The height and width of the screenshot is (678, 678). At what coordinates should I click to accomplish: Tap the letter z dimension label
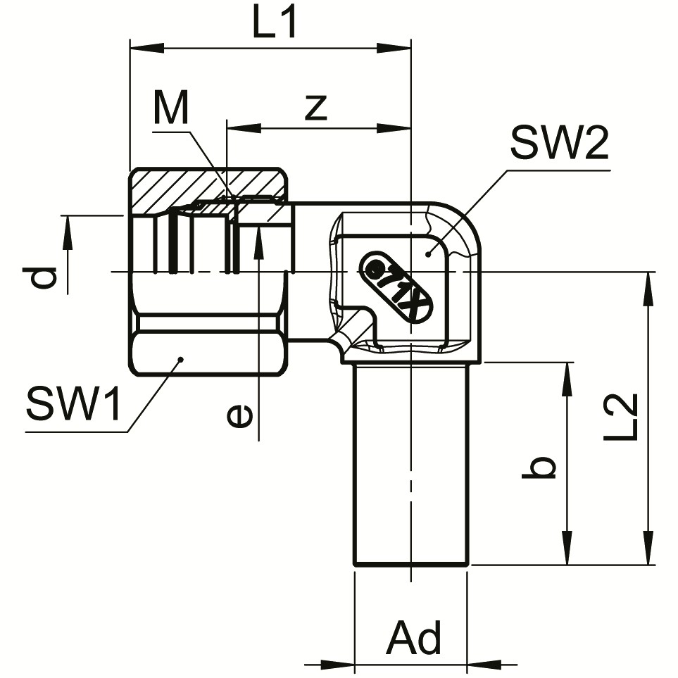pos(316,107)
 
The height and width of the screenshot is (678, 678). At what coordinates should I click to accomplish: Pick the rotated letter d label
pos(46,278)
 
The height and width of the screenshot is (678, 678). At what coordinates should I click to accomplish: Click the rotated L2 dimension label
pos(621,417)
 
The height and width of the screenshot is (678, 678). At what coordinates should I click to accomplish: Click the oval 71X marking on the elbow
pos(396,287)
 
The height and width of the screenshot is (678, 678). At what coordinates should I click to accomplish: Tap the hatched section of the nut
pos(211,187)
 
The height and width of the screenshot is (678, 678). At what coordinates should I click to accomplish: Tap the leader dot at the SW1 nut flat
pos(180,359)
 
